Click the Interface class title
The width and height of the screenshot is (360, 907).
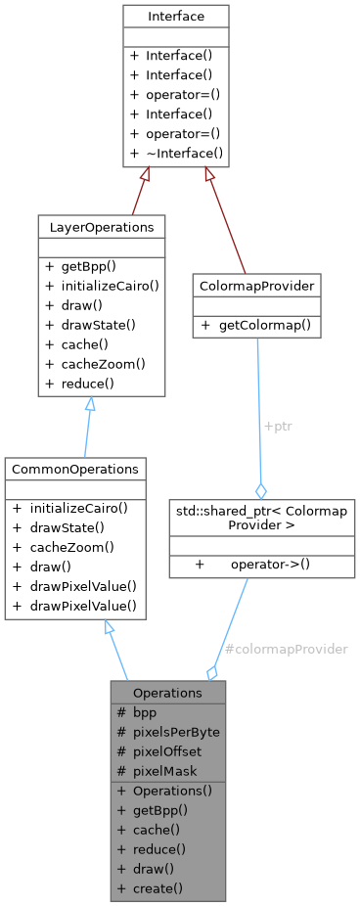(175, 17)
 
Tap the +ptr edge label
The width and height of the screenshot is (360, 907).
(276, 427)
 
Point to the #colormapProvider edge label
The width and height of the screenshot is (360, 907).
(286, 649)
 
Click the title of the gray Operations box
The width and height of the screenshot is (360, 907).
(167, 692)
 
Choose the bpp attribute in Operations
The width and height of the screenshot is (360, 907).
(145, 711)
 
